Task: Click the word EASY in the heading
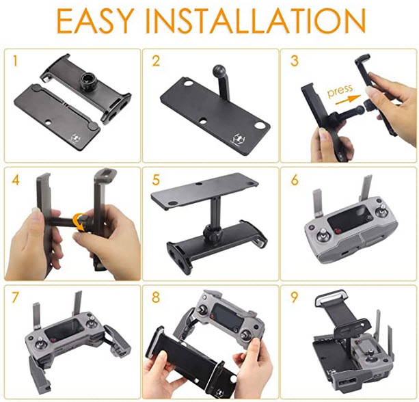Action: [95, 21]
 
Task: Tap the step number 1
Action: [15, 61]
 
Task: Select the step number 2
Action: [156, 61]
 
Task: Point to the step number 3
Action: [294, 61]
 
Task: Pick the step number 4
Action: [16, 180]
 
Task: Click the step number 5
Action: [156, 180]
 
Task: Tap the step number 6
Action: [295, 180]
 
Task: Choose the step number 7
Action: [16, 297]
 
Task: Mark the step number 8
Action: [156, 297]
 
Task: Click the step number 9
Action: [294, 297]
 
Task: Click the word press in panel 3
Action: [340, 91]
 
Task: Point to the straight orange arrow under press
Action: [348, 100]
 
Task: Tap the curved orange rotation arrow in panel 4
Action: [79, 222]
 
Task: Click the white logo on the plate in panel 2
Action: [239, 138]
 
